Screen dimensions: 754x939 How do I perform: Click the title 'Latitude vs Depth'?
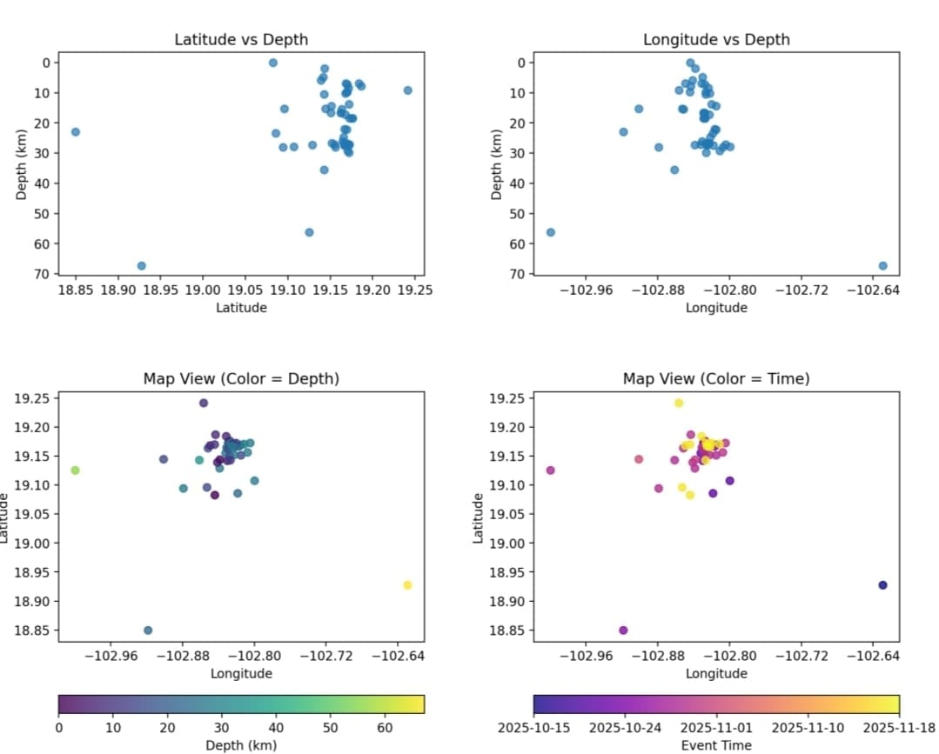click(x=241, y=39)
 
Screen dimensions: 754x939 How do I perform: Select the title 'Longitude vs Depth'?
click(x=716, y=39)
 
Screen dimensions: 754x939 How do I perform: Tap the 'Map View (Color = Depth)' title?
click(x=241, y=378)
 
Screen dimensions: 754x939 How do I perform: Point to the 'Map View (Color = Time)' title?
click(x=716, y=378)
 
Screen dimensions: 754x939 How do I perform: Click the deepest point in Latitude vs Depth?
click(x=142, y=265)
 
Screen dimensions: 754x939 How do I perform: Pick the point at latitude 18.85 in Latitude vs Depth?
click(x=76, y=131)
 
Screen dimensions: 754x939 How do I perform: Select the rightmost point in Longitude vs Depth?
click(x=882, y=265)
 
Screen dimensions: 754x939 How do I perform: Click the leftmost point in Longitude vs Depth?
click(x=550, y=232)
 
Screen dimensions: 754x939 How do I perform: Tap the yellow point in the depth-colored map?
click(x=407, y=585)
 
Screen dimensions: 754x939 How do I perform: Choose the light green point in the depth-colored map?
click(x=75, y=470)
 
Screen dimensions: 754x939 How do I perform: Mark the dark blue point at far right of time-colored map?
click(x=882, y=585)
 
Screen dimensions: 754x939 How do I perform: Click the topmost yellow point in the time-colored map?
click(x=679, y=403)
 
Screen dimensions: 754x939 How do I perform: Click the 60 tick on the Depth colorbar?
click(x=385, y=726)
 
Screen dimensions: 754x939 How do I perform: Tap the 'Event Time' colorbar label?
click(x=716, y=744)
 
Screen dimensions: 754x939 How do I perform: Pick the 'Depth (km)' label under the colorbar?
click(x=241, y=744)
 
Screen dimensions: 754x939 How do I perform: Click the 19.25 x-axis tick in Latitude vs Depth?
click(x=412, y=289)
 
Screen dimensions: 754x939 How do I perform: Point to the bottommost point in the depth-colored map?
click(x=148, y=631)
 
